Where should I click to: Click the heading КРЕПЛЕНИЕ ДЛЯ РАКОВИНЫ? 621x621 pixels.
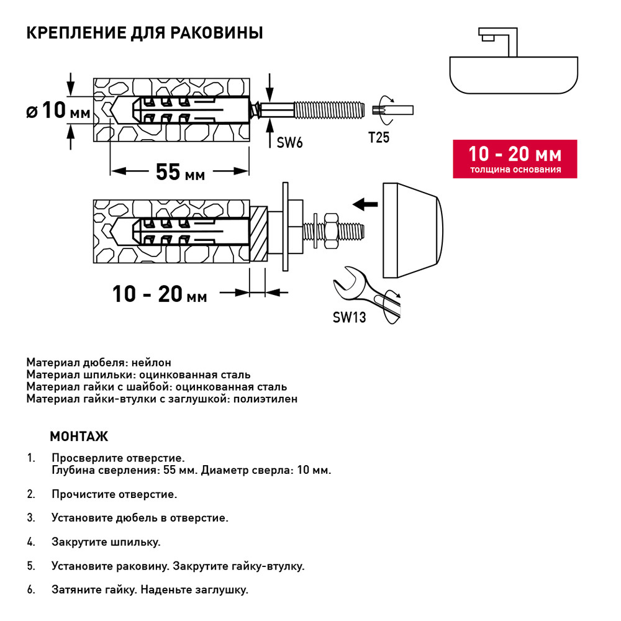[x=145, y=33]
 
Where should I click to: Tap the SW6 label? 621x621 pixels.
[x=289, y=143]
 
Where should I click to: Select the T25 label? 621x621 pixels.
[x=379, y=138]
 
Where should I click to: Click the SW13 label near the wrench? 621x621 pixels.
[x=349, y=317]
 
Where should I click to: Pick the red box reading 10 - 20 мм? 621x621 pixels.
[x=515, y=158]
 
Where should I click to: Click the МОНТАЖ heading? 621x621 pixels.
[x=79, y=436]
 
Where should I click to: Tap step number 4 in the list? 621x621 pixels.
[x=30, y=542]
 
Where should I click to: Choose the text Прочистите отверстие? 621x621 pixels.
[x=115, y=495]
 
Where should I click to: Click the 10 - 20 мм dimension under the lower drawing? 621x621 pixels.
[x=160, y=293]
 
